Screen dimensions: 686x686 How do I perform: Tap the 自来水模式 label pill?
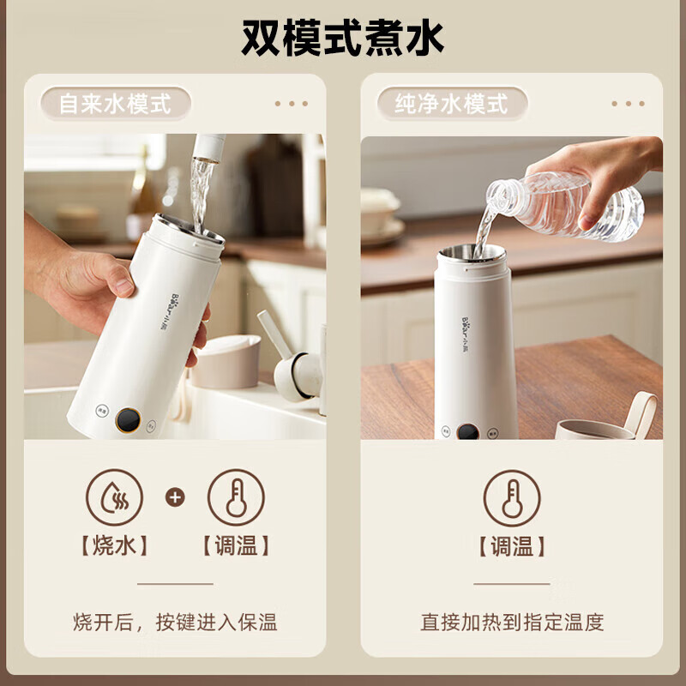coord(115,104)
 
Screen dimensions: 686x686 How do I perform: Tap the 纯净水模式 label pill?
coord(452,104)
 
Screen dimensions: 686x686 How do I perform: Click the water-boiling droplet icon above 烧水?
coord(114,497)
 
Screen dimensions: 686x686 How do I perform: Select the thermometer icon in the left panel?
coord(236,497)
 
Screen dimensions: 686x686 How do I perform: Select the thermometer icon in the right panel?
coord(512,497)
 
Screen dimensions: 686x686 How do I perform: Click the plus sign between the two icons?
coord(175,497)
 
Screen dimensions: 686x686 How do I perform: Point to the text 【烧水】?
coord(114,546)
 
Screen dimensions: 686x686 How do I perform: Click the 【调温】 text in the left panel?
coord(236,546)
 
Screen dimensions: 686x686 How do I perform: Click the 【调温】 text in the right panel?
coord(512,546)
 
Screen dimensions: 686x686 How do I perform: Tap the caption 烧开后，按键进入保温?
coord(175,622)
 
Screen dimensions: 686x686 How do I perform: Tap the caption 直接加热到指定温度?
coord(512,622)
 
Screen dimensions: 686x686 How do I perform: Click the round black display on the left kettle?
coord(128,419)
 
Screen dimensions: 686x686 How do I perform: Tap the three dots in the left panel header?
coord(292,104)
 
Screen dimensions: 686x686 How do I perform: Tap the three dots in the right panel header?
coord(628,104)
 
